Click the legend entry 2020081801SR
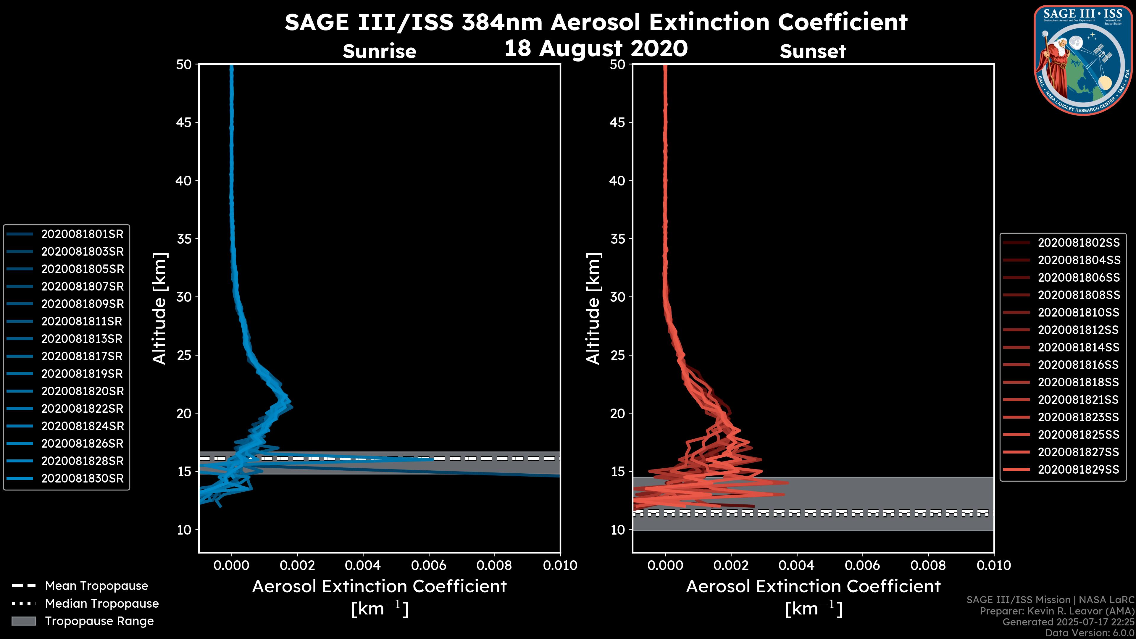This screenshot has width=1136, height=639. [82, 234]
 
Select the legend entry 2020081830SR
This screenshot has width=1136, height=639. [82, 478]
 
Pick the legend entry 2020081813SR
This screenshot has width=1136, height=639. [82, 339]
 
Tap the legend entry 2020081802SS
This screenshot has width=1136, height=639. [1078, 243]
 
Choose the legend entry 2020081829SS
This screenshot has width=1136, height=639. [1078, 470]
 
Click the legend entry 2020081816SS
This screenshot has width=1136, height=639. [1078, 365]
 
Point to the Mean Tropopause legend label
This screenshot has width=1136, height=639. [96, 586]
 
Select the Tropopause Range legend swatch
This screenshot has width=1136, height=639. [23, 621]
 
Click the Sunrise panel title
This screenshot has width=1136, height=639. [379, 51]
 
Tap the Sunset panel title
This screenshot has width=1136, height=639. [813, 51]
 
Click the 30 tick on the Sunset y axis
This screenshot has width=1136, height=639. [617, 297]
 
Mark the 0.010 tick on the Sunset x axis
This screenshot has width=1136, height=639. [994, 565]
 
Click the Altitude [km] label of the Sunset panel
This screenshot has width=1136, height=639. [593, 309]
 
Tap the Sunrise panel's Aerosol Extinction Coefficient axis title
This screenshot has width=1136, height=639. [379, 587]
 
